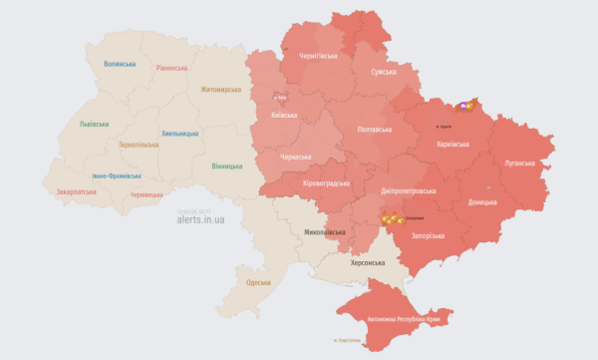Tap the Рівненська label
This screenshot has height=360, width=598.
coord(171,68)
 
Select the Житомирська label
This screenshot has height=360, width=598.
coord(221,90)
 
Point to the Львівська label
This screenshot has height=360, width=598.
coord(96,125)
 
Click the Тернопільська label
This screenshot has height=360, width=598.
coord(139,145)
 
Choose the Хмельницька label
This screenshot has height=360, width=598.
coord(180,133)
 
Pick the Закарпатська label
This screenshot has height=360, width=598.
coord(77,190)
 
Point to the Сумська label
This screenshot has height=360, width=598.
coord(383,73)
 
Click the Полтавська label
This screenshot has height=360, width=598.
coord(374,130)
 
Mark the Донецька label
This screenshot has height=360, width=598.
coord(482,202)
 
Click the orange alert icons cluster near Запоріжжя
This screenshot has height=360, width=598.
coord(392,218)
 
